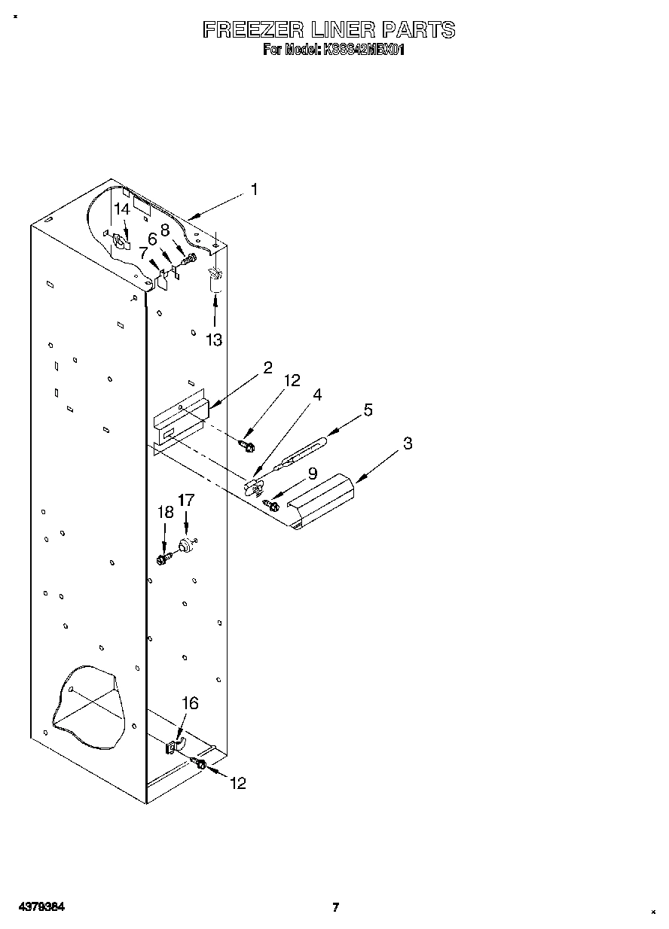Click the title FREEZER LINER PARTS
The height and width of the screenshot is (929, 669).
(329, 30)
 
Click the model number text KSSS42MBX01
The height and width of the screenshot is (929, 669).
(362, 50)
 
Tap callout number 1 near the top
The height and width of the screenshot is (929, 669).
(254, 190)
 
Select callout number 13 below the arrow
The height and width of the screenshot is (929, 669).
(215, 340)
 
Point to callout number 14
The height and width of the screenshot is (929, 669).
(122, 210)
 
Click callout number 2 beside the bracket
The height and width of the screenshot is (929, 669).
(267, 368)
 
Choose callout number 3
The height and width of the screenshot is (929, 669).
(407, 443)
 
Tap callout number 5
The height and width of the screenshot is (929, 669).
(368, 410)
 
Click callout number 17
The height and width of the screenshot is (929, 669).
(186, 499)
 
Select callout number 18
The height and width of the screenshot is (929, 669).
(165, 513)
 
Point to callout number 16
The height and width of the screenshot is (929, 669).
(191, 702)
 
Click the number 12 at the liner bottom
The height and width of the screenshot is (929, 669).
(237, 784)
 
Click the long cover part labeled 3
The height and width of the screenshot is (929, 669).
(322, 500)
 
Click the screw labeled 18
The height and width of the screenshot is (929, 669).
(162, 559)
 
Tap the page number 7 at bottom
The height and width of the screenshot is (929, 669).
(335, 907)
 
